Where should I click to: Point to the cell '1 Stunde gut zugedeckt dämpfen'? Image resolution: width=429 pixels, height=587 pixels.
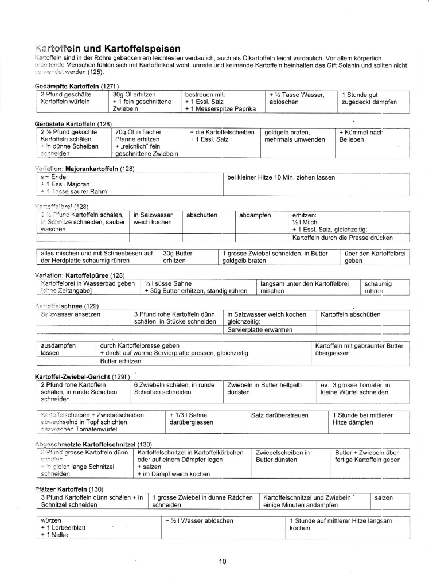click(x=368, y=98)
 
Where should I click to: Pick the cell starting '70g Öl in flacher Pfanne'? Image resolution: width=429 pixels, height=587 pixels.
click(x=146, y=143)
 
